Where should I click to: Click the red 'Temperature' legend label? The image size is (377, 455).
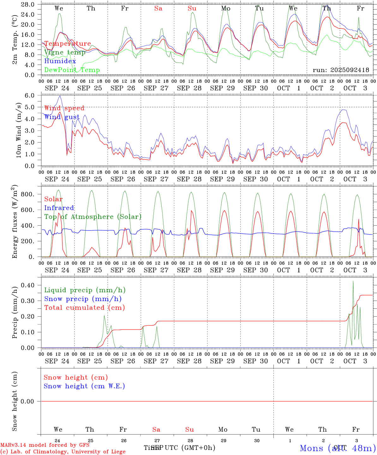click(x=68, y=44)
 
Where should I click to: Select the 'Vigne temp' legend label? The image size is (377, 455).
click(x=65, y=52)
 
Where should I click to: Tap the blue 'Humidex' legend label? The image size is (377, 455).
click(x=60, y=61)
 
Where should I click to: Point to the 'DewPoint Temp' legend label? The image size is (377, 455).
click(x=72, y=70)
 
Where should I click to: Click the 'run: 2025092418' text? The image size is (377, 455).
click(x=341, y=70)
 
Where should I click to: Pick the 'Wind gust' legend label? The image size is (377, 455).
click(x=62, y=117)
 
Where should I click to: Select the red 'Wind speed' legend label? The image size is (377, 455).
click(x=64, y=108)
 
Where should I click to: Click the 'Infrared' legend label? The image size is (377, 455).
click(x=59, y=208)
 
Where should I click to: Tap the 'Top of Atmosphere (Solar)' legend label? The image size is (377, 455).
click(x=93, y=217)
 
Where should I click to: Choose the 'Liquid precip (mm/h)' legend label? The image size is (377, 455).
click(x=85, y=290)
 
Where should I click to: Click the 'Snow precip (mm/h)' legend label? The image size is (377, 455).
click(x=83, y=299)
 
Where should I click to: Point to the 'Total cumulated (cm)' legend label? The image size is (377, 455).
click(x=85, y=307)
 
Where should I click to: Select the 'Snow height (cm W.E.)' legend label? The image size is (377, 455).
click(x=84, y=386)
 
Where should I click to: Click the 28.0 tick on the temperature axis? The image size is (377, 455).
click(x=28, y=4)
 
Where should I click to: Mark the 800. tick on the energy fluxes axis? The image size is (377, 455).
click(x=27, y=194)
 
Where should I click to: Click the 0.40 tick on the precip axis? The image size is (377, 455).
click(x=28, y=285)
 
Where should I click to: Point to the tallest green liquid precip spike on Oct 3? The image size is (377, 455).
click(x=353, y=281)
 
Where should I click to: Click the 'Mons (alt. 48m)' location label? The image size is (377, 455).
click(x=338, y=448)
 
